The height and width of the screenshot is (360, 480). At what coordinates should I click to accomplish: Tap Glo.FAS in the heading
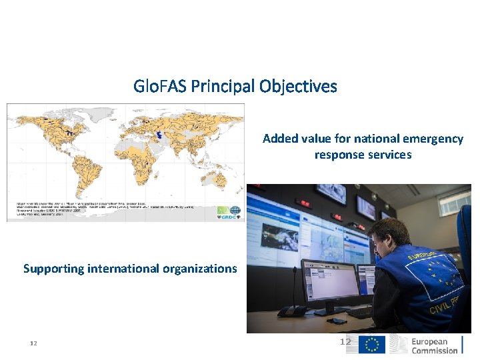pos(160,87)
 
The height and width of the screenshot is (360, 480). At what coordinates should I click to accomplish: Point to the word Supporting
pos(54,269)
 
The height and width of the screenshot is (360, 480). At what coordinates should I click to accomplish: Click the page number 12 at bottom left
pos(33,343)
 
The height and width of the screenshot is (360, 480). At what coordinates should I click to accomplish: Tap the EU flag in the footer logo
pos(372,345)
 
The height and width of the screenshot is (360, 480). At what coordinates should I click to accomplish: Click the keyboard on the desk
pos(360,313)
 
